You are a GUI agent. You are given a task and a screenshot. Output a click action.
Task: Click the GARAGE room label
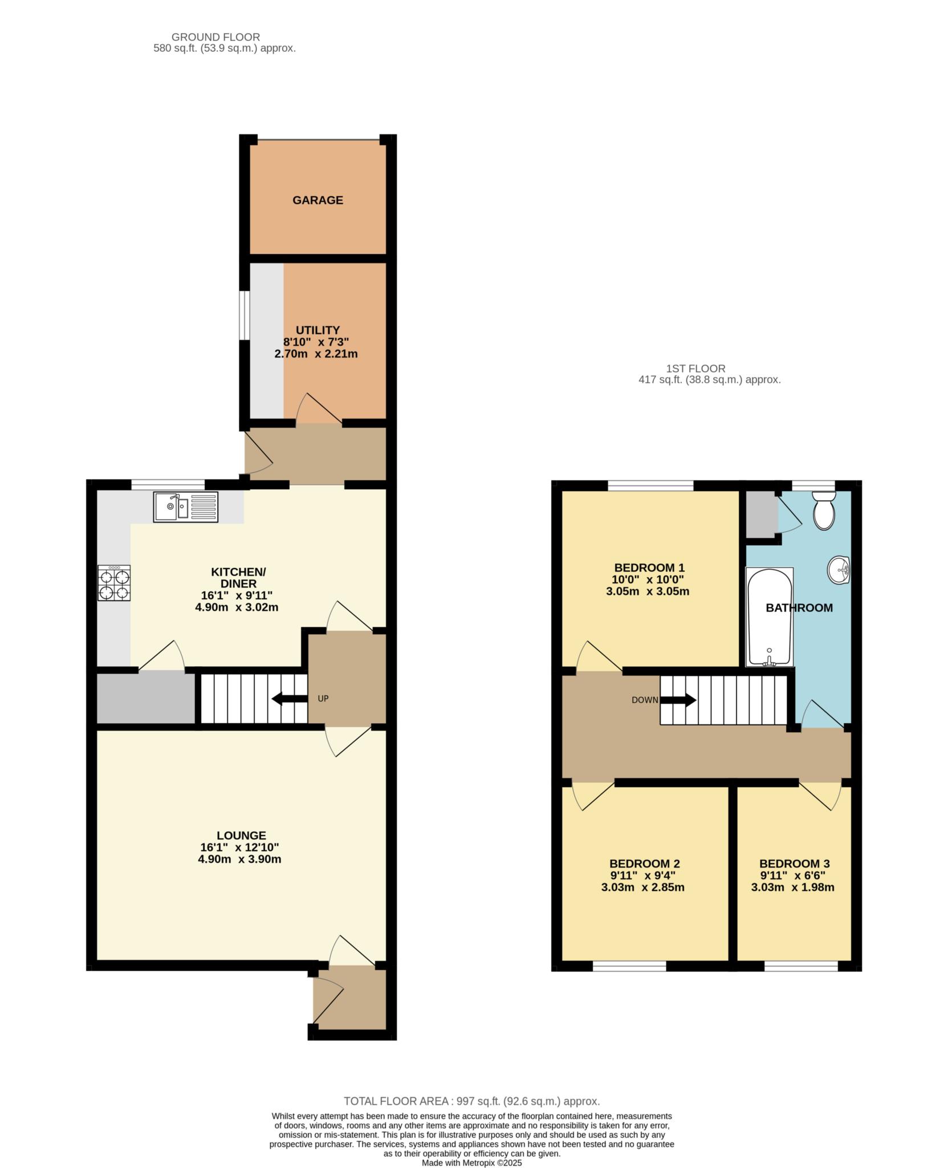pyautogui.click(x=318, y=200)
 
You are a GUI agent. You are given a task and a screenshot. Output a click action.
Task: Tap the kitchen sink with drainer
pyautogui.click(x=186, y=507)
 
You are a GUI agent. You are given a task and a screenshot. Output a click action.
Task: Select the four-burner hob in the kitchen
pyautogui.click(x=114, y=583)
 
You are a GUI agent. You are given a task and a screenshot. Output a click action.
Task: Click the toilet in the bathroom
pyautogui.click(x=824, y=510)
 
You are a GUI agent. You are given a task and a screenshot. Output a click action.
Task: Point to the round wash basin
pyautogui.click(x=839, y=570)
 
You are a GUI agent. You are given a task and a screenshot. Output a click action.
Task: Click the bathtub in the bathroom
pyautogui.click(x=770, y=617)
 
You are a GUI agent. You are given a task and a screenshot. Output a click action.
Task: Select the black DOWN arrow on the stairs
pyautogui.click(x=678, y=700)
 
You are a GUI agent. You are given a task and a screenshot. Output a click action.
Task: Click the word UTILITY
pyautogui.click(x=318, y=330)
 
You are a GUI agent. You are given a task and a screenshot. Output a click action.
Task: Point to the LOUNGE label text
pyautogui.click(x=241, y=836)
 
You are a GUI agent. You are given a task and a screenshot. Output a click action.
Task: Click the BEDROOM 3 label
pyautogui.click(x=794, y=864)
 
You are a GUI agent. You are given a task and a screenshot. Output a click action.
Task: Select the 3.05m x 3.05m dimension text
pyautogui.click(x=648, y=591)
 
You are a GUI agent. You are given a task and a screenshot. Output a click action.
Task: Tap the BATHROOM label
pyautogui.click(x=799, y=608)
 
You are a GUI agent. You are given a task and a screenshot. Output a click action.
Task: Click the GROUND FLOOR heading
pyautogui.click(x=215, y=38)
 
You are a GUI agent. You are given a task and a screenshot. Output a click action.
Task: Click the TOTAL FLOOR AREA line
pyautogui.click(x=472, y=1101)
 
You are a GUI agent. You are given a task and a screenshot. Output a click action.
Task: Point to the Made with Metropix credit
pyautogui.click(x=471, y=1163)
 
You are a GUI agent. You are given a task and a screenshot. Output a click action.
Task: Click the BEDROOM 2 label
pyautogui.click(x=644, y=864)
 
